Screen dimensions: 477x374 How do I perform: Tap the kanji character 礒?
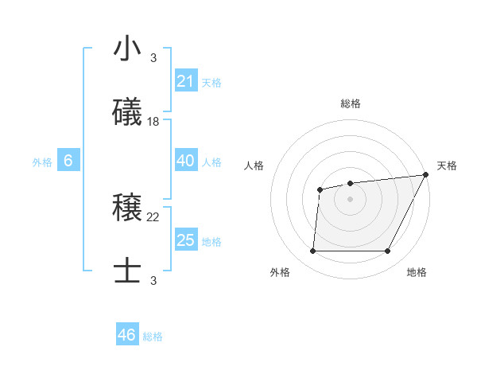point(126,113)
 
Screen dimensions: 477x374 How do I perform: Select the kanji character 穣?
point(126,208)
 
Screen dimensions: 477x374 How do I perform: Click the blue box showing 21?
point(185,81)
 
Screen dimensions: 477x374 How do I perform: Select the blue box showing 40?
point(185,161)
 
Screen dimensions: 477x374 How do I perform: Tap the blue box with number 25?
point(185,240)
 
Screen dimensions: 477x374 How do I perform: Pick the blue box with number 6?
point(68,161)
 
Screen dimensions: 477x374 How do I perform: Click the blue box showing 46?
point(126,335)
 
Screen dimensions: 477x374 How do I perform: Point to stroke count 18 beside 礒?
point(153,121)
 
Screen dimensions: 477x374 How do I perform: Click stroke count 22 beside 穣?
point(153,216)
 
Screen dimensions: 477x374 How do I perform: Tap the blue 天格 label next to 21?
point(211,82)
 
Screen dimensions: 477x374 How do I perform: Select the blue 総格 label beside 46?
point(153,337)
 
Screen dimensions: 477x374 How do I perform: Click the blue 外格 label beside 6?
point(42,162)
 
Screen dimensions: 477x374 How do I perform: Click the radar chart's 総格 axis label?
point(351,103)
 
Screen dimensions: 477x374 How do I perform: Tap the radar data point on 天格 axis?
point(426,175)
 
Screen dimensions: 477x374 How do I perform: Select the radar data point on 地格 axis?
point(387,251)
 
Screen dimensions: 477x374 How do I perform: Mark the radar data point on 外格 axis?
point(312,251)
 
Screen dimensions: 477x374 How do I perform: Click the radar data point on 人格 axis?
point(320,189)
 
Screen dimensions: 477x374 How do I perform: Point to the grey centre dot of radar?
point(350,199)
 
